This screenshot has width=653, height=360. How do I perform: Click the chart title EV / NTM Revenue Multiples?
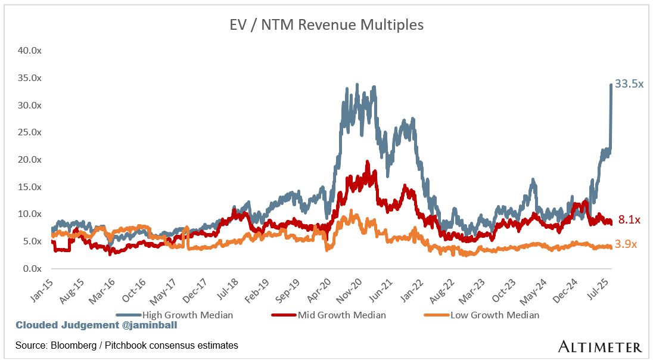(326, 25)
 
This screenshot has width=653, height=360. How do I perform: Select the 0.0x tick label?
(31, 269)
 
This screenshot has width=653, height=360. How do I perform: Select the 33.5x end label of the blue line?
(629, 85)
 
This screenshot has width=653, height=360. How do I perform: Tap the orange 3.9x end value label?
(626, 244)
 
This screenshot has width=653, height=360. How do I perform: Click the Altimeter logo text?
(600, 346)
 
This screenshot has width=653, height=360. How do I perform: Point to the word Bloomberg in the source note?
(71, 345)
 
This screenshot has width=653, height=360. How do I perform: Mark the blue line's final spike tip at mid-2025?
(611, 85)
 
